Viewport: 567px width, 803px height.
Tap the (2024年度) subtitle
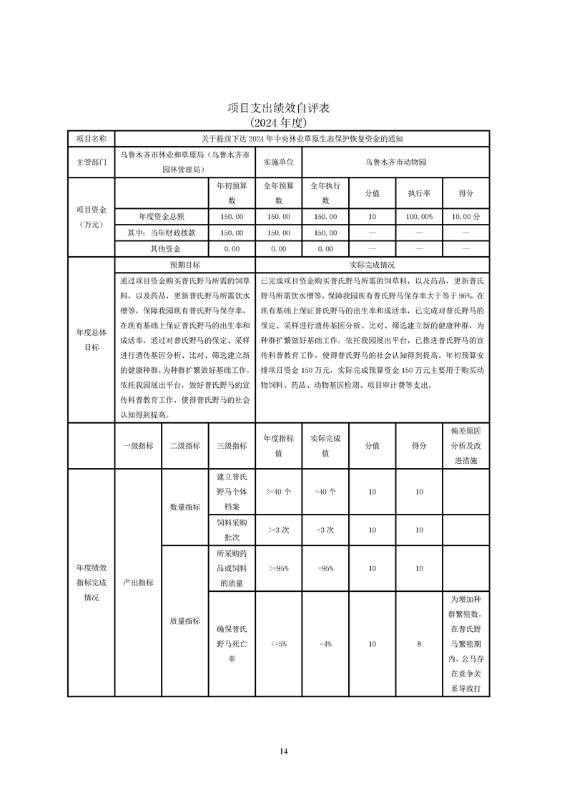click(283, 122)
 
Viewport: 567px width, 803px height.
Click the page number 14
click(283, 751)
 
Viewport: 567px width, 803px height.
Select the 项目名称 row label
click(91, 138)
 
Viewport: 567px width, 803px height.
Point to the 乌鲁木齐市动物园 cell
click(395, 162)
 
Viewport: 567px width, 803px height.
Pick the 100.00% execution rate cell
click(420, 215)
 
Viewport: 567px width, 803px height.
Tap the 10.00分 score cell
click(466, 215)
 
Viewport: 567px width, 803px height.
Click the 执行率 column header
click(420, 193)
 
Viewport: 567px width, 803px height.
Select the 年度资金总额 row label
click(161, 215)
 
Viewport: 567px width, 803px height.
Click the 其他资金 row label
click(161, 248)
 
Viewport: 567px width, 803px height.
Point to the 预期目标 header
click(184, 264)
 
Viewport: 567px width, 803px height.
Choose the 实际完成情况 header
click(372, 264)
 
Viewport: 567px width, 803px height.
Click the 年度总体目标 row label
click(91, 339)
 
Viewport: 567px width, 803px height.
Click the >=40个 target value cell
click(279, 492)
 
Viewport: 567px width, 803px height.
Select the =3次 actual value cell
click(325, 530)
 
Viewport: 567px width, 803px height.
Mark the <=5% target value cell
click(279, 644)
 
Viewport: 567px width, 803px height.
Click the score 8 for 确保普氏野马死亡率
click(419, 644)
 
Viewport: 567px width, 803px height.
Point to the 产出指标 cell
click(138, 583)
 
